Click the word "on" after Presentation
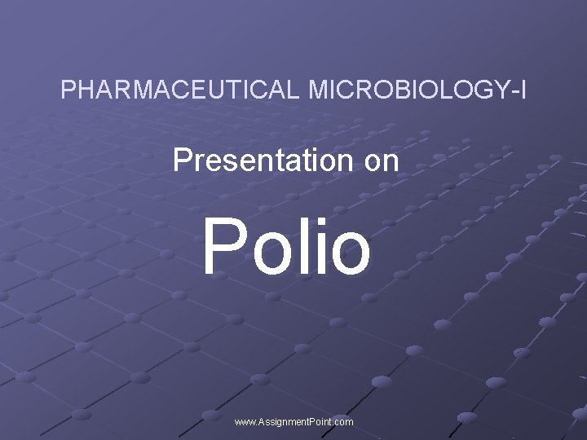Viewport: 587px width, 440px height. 382,161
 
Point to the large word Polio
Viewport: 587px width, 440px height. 286,244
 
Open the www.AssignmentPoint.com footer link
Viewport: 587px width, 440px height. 293,422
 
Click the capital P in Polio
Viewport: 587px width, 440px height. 222,244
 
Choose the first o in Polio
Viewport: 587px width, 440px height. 270,253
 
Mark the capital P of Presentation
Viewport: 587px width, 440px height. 181,161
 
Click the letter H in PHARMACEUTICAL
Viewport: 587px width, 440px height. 86,90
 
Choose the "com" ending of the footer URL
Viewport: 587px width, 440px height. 344,422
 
